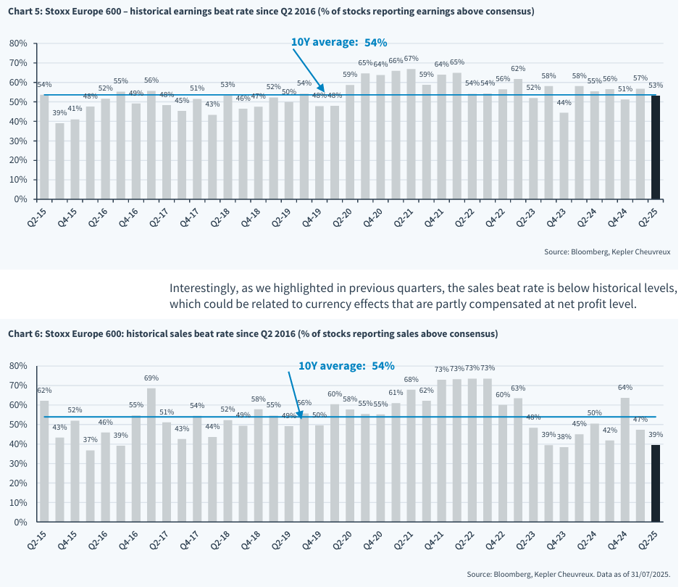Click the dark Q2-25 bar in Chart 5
pyautogui.click(x=656, y=147)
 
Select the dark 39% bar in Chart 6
pyautogui.click(x=656, y=483)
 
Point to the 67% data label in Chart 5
pyautogui.click(x=411, y=59)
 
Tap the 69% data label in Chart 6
pyautogui.click(x=151, y=378)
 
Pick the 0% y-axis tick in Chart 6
pyautogui.click(x=21, y=522)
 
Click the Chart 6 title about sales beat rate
pyautogui.click(x=253, y=334)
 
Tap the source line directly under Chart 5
pyautogui.click(x=607, y=252)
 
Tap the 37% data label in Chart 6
pyautogui.click(x=90, y=440)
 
